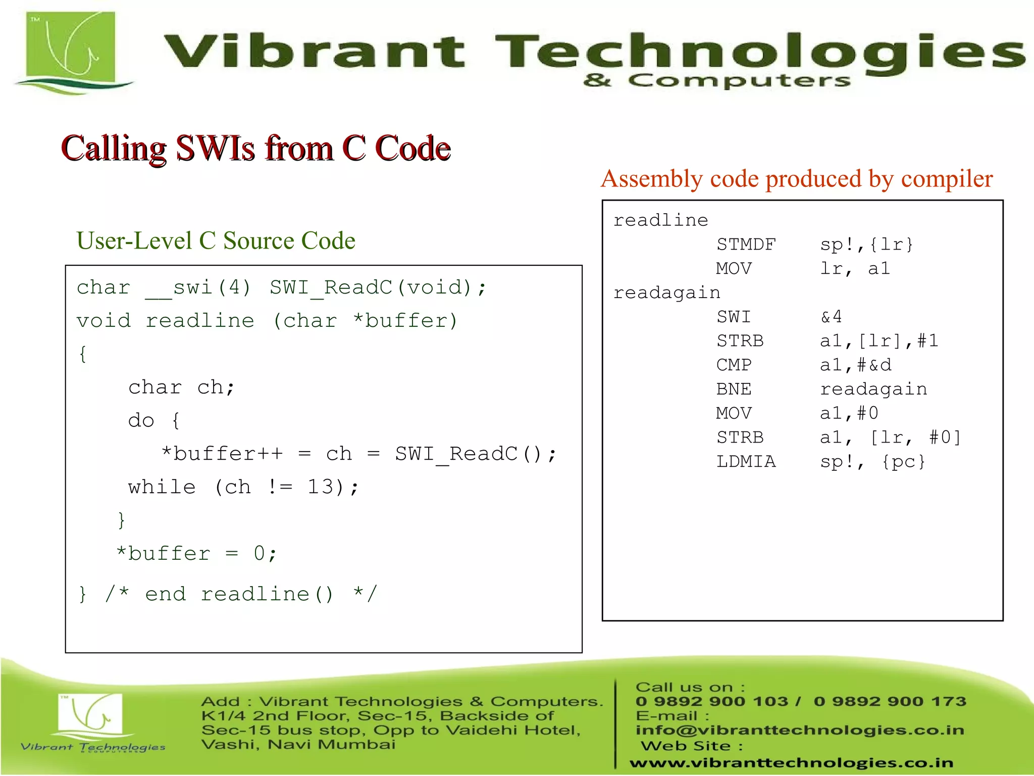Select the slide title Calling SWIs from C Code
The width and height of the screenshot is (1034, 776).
pos(255,148)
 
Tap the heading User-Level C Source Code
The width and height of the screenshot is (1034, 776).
pos(216,240)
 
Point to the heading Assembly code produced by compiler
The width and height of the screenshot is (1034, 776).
pos(797,179)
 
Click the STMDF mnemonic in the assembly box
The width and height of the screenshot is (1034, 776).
pos(746,245)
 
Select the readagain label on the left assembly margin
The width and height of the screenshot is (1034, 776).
pos(666,293)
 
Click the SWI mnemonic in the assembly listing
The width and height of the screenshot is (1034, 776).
pos(734,317)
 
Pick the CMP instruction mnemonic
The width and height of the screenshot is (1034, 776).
pos(734,365)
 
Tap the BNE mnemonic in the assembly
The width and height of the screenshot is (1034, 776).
pos(734,390)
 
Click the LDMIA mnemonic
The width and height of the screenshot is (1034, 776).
pos(746,462)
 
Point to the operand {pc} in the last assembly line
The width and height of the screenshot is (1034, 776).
pos(903,462)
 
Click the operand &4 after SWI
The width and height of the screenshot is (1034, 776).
pos(831,317)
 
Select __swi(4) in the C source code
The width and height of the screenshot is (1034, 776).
pos(198,288)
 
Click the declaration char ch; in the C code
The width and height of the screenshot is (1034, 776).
pos(181,387)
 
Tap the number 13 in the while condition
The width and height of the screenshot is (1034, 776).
pos(321,487)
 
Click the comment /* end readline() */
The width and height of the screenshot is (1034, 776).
pos(241,594)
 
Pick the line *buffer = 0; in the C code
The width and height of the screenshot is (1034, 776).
pos(196,554)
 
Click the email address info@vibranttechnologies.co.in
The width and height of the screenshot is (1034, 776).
pos(800,730)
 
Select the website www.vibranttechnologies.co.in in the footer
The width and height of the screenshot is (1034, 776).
pos(791,762)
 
